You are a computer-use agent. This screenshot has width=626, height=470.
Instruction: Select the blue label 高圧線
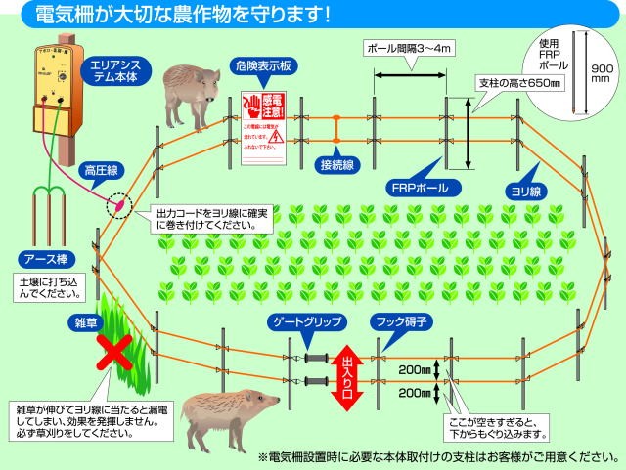point(100,171)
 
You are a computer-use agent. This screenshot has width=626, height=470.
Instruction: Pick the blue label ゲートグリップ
point(302,320)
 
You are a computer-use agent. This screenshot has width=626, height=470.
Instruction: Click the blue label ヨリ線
point(523,192)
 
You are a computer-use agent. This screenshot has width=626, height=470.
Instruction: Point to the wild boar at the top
point(191,93)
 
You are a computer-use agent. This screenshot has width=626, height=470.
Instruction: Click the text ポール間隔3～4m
point(407,47)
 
